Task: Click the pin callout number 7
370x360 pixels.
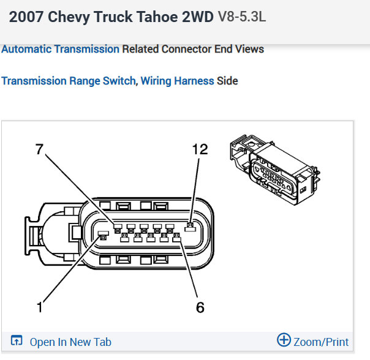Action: click(x=39, y=149)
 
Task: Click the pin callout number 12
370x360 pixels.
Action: click(x=200, y=149)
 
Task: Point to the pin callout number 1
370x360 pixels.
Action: click(x=40, y=307)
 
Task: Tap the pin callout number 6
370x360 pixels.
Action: click(x=200, y=307)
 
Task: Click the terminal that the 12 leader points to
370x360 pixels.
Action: click(x=190, y=227)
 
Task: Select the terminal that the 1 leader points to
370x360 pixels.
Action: click(x=104, y=236)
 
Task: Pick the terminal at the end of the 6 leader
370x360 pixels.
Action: click(x=177, y=238)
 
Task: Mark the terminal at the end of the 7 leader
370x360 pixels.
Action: click(x=118, y=228)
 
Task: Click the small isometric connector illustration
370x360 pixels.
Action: click(x=275, y=170)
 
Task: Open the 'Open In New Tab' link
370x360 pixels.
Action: click(x=70, y=342)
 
